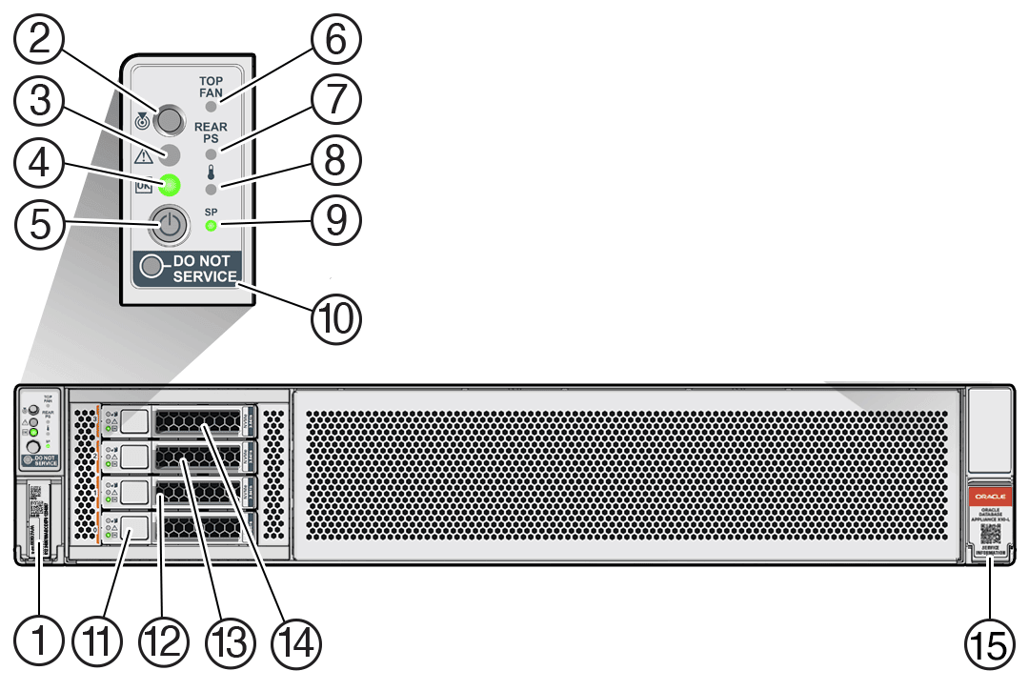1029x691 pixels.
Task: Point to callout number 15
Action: tap(988, 644)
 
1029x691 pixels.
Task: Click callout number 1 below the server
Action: tap(40, 644)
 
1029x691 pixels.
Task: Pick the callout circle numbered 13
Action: tap(226, 644)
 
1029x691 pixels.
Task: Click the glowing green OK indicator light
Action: tap(171, 185)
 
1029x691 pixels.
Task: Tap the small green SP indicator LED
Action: tap(211, 227)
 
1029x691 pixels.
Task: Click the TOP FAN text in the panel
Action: tap(211, 88)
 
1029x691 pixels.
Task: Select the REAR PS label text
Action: tap(211, 132)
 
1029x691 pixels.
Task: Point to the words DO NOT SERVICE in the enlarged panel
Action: tap(205, 269)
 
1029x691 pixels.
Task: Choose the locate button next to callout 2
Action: tap(170, 120)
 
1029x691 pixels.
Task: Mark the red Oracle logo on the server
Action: tap(989, 496)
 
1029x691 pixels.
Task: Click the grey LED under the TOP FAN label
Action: tap(211, 108)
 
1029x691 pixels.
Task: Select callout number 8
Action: tap(334, 162)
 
